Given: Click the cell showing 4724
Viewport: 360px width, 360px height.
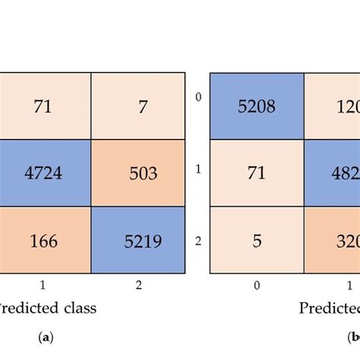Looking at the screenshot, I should (45, 173).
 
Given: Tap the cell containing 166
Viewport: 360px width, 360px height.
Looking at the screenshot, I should (45, 242).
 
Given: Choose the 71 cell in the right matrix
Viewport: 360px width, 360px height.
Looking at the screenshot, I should (257, 173).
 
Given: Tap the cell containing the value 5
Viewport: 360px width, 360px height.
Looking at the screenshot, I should (257, 242).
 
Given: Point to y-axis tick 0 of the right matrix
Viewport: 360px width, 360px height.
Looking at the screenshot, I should (198, 97).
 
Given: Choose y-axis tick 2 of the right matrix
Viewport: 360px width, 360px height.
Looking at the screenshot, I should (198, 242).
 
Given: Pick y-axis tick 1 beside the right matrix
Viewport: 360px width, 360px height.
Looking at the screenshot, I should (198, 169).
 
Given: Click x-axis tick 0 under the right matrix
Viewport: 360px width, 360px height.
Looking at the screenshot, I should (257, 285).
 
